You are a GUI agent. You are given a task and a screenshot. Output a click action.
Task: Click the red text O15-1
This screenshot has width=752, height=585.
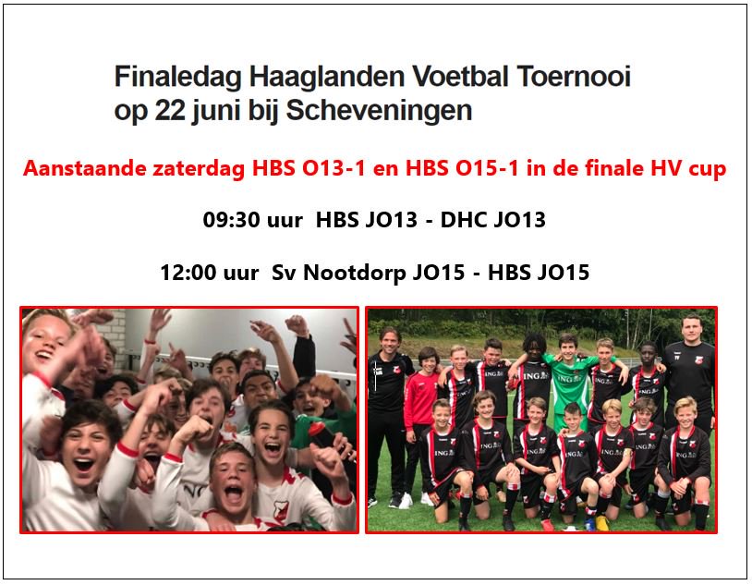tap(458, 170)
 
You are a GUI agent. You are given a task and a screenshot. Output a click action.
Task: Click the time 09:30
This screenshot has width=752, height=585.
tap(232, 221)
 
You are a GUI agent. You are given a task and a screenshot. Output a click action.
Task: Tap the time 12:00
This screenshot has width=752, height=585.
tap(189, 274)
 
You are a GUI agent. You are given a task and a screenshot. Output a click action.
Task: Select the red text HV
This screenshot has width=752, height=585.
tap(671, 170)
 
